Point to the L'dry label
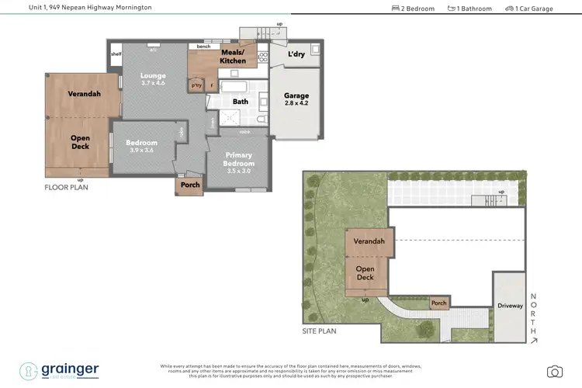click(x=296, y=55)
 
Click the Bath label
click(x=240, y=102)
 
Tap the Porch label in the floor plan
click(x=190, y=185)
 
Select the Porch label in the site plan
click(x=438, y=303)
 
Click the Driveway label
click(x=510, y=306)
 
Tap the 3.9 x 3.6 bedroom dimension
click(x=142, y=151)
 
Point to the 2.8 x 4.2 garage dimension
click(x=295, y=103)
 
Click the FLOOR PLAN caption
click(x=66, y=187)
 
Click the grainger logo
click(x=61, y=370)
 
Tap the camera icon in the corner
click(x=554, y=372)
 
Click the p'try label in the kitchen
click(x=196, y=85)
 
